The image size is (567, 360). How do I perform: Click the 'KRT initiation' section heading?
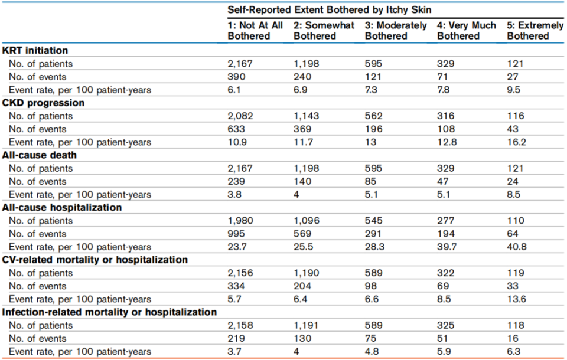pos(35,51)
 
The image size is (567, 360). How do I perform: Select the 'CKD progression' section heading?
pos(43,103)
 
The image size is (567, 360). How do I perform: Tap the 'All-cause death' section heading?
pos(40,155)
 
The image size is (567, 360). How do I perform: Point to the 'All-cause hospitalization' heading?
pos(62,208)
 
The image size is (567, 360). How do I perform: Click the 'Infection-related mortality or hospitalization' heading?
pos(110,312)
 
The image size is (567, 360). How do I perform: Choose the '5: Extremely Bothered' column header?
pos(535,31)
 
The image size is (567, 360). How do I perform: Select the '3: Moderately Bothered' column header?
pos(396,31)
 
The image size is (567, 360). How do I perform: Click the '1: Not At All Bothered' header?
pos(255,31)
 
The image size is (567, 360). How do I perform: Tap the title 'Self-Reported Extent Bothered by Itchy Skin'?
pos(330,10)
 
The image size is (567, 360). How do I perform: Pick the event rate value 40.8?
pos(517,247)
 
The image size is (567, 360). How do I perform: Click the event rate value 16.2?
pos(516,142)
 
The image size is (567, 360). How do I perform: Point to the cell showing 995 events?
pos(236,234)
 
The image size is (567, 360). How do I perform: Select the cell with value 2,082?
pos(240,116)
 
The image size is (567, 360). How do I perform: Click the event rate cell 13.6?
pos(516,299)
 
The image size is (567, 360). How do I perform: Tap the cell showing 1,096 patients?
pos(307,221)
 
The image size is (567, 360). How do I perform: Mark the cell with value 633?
pos(236,129)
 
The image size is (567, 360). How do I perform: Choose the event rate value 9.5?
pos(513,90)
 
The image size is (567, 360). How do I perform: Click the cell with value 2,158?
pos(240,326)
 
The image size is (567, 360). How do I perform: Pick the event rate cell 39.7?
pos(447,247)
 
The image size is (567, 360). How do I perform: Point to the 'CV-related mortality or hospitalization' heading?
pos(95,260)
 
